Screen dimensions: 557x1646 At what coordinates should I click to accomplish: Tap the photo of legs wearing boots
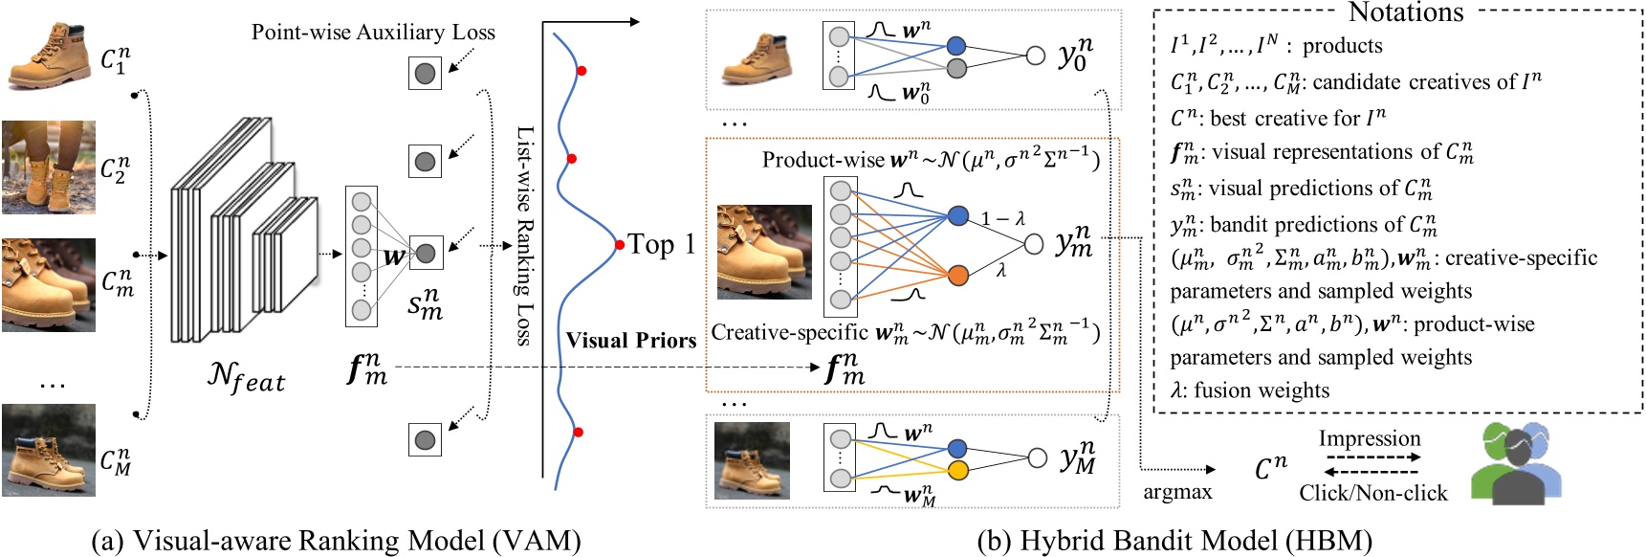(x=49, y=167)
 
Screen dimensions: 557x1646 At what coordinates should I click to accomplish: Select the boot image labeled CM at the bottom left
(x=49, y=450)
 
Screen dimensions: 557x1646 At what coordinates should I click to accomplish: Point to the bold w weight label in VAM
(x=392, y=256)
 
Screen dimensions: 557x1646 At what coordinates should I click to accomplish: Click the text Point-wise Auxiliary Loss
(x=373, y=33)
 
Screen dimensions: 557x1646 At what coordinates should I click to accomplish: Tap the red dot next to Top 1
(x=620, y=245)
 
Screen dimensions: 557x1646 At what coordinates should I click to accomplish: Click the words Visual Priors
(x=630, y=341)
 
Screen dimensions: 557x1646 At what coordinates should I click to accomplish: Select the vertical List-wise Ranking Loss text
(x=525, y=234)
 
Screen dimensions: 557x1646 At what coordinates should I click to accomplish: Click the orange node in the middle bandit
(x=957, y=276)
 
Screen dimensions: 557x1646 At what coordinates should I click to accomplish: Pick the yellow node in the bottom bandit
(x=957, y=470)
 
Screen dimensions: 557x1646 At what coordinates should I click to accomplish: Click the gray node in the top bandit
(x=956, y=68)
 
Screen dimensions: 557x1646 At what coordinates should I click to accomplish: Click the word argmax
(x=1177, y=492)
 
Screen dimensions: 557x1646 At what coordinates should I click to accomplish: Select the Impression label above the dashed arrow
(x=1369, y=438)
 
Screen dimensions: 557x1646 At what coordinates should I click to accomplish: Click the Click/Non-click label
(x=1372, y=493)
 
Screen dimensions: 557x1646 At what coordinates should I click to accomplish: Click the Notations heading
(x=1405, y=12)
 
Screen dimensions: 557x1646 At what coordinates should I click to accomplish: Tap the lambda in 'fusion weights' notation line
(x=1177, y=390)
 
